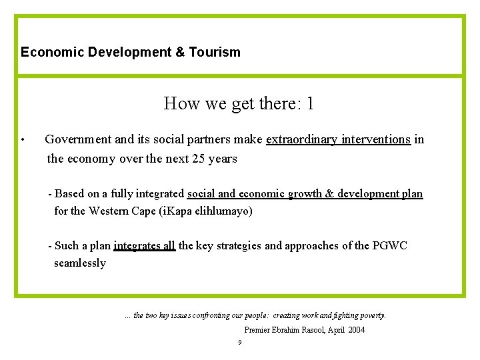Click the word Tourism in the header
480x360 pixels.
[x=214, y=52]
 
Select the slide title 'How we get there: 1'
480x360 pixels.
[x=239, y=103]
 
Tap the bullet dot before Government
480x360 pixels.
[x=23, y=141]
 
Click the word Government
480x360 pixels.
[x=78, y=140]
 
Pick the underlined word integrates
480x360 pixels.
[x=137, y=245]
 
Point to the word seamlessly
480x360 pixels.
[x=80, y=263]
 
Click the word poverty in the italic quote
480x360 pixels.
[x=371, y=315]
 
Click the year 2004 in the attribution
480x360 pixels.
[x=355, y=330]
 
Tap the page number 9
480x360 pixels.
[x=240, y=343]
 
